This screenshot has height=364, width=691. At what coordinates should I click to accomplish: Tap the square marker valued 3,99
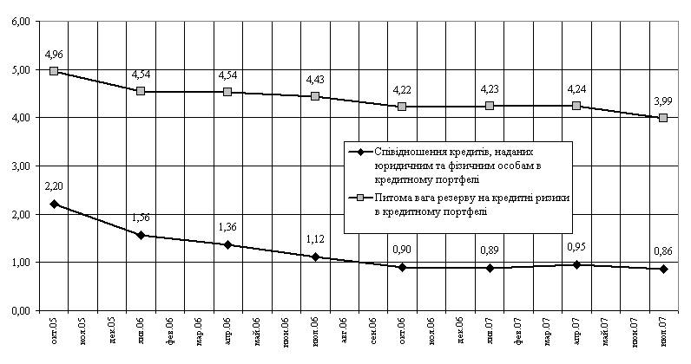663,117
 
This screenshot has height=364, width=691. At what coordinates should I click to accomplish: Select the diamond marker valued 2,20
54,204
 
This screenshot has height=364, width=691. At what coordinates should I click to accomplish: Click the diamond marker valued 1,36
227,244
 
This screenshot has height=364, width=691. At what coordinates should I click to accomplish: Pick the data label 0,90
402,250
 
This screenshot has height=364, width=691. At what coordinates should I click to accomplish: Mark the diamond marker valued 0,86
663,269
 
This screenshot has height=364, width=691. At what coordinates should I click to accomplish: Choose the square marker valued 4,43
315,96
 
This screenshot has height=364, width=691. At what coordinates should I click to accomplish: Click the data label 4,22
402,89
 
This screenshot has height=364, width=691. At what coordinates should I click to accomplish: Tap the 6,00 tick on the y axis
19,21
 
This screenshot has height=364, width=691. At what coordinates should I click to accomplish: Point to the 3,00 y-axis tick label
19,166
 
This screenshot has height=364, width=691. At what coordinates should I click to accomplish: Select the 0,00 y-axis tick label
19,310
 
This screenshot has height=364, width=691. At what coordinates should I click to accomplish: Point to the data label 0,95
576,247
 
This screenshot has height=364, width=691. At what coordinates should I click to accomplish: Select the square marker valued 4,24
576,106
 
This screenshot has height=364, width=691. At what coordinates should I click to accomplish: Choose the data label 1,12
315,239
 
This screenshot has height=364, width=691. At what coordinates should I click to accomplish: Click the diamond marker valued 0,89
489,268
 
